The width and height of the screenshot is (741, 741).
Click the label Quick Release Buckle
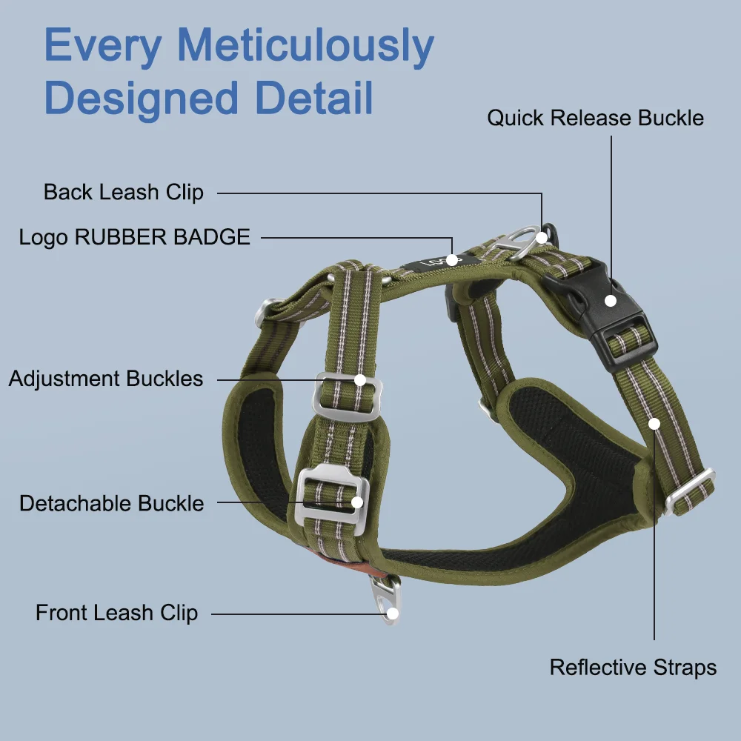tap(595, 118)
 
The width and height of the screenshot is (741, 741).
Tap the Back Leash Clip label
tap(123, 192)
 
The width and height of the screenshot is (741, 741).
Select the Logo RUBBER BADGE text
tap(135, 237)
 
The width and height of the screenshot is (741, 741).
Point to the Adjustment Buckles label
tap(106, 379)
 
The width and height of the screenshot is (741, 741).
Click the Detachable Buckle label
tap(111, 503)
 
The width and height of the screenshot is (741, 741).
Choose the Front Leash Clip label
tap(116, 613)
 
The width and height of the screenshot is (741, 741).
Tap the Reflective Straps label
tap(633, 667)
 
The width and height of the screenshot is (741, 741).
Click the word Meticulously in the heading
tap(305, 46)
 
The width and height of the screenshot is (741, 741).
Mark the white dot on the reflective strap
tap(654, 424)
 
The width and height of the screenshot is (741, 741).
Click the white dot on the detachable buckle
tap(356, 502)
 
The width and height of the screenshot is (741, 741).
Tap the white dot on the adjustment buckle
tap(360, 380)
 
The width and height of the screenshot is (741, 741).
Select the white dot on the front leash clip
tap(393, 613)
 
